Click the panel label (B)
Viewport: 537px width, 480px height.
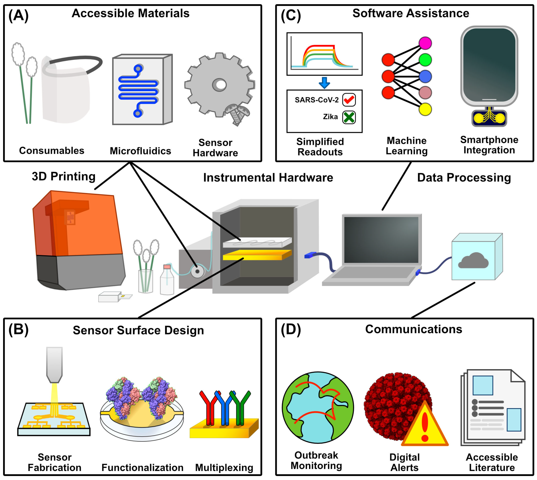point(18,330)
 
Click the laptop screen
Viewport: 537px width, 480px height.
point(381,240)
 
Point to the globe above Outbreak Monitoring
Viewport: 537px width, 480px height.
point(318,408)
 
